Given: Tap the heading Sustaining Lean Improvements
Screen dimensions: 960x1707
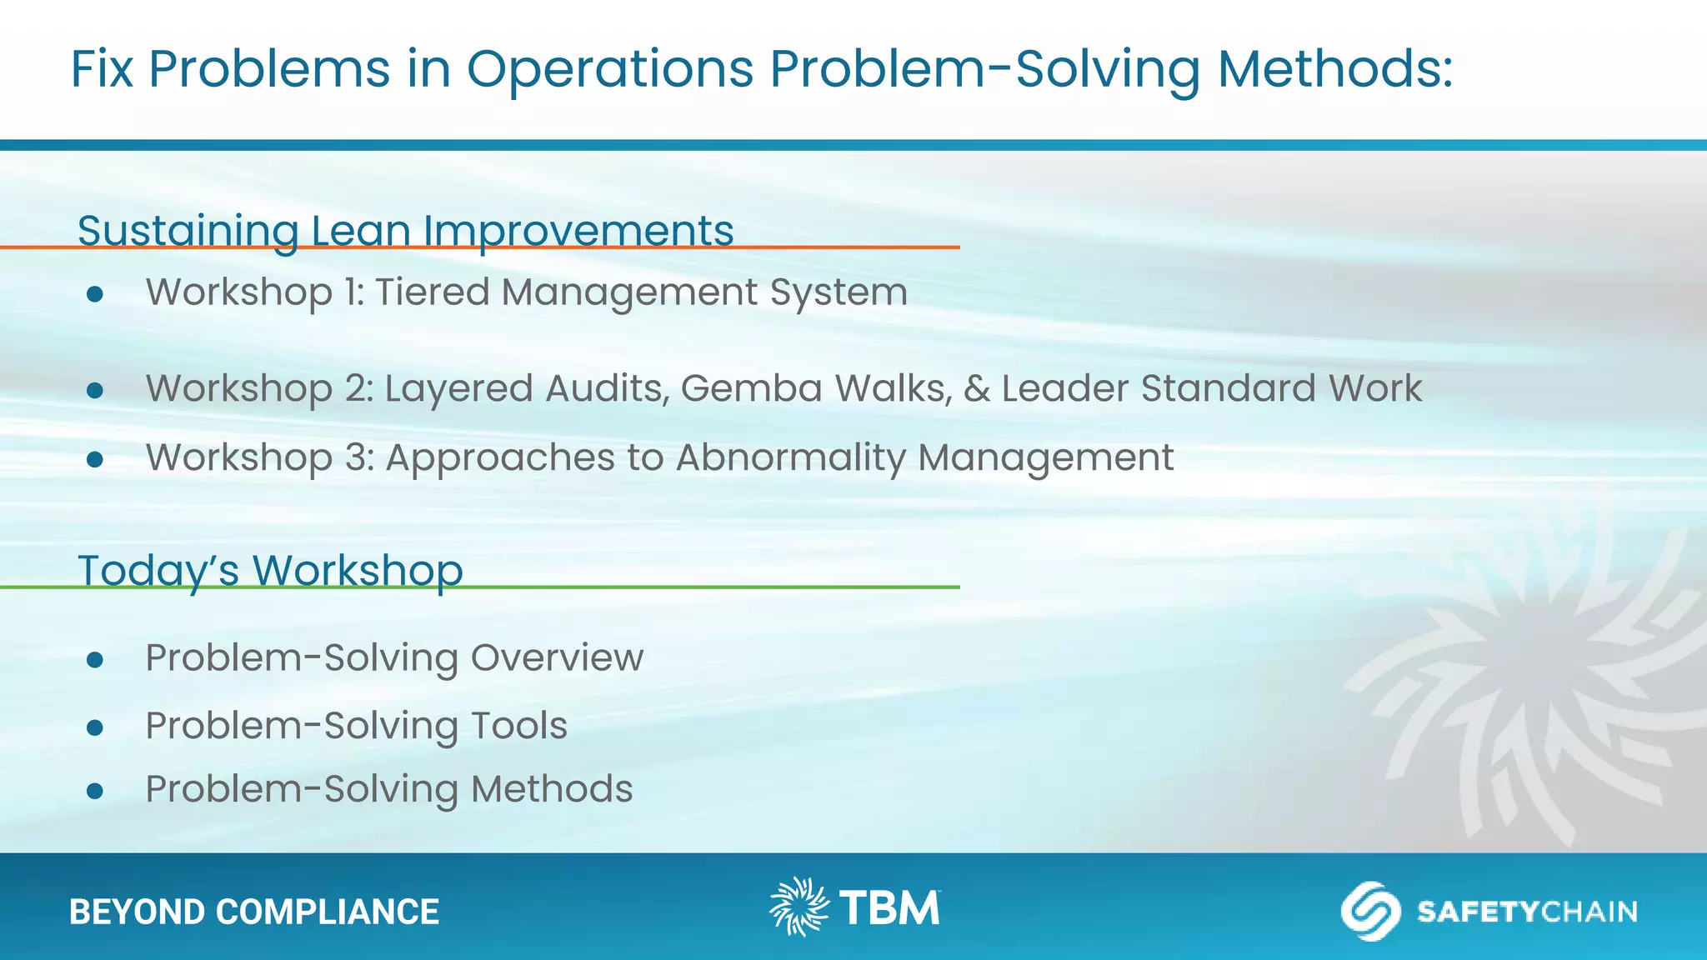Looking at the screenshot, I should [405, 231].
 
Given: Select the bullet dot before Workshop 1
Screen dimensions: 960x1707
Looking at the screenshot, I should [95, 293].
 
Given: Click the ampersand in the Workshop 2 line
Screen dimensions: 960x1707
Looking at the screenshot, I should [977, 389].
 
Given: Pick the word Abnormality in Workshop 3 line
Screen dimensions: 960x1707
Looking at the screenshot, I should [790, 457].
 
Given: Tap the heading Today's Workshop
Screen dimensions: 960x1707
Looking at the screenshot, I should [270, 571].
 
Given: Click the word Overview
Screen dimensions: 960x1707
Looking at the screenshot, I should [557, 657].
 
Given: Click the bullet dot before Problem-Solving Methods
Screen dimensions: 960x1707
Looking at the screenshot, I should [95, 791].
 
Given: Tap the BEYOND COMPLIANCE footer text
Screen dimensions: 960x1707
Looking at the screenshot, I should [254, 912].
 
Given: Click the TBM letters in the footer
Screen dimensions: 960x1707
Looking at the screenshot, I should [889, 908].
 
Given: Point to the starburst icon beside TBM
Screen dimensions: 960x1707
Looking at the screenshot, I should [798, 907].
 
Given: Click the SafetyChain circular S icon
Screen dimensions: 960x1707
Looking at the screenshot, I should [1369, 911].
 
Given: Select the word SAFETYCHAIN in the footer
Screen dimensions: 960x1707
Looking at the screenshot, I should [1527, 912].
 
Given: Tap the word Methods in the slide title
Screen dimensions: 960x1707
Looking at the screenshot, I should [1334, 69].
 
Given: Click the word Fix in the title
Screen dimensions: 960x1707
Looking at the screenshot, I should [102, 69].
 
